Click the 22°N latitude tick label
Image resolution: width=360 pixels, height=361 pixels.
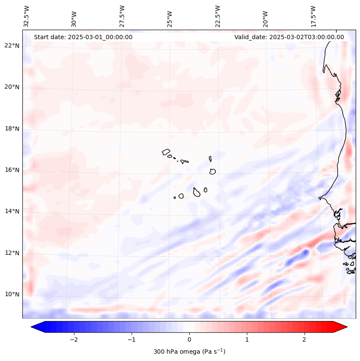pos(12,46)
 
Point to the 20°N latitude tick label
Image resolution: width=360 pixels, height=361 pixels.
pos(12,87)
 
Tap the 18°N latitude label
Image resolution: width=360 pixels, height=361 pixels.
pos(12,129)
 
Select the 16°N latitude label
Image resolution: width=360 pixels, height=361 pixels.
pos(12,170)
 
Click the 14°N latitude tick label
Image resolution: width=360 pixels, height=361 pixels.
pos(12,211)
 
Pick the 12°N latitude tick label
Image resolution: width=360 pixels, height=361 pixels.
pos(12,253)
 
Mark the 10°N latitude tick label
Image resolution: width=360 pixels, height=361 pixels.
pos(12,294)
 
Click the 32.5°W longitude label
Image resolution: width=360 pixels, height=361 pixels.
pos(27,16)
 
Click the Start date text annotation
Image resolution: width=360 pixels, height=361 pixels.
pos(83,37)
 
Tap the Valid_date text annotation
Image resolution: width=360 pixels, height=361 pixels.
pos(289,37)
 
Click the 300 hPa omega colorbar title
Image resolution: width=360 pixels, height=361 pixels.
pos(189,352)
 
